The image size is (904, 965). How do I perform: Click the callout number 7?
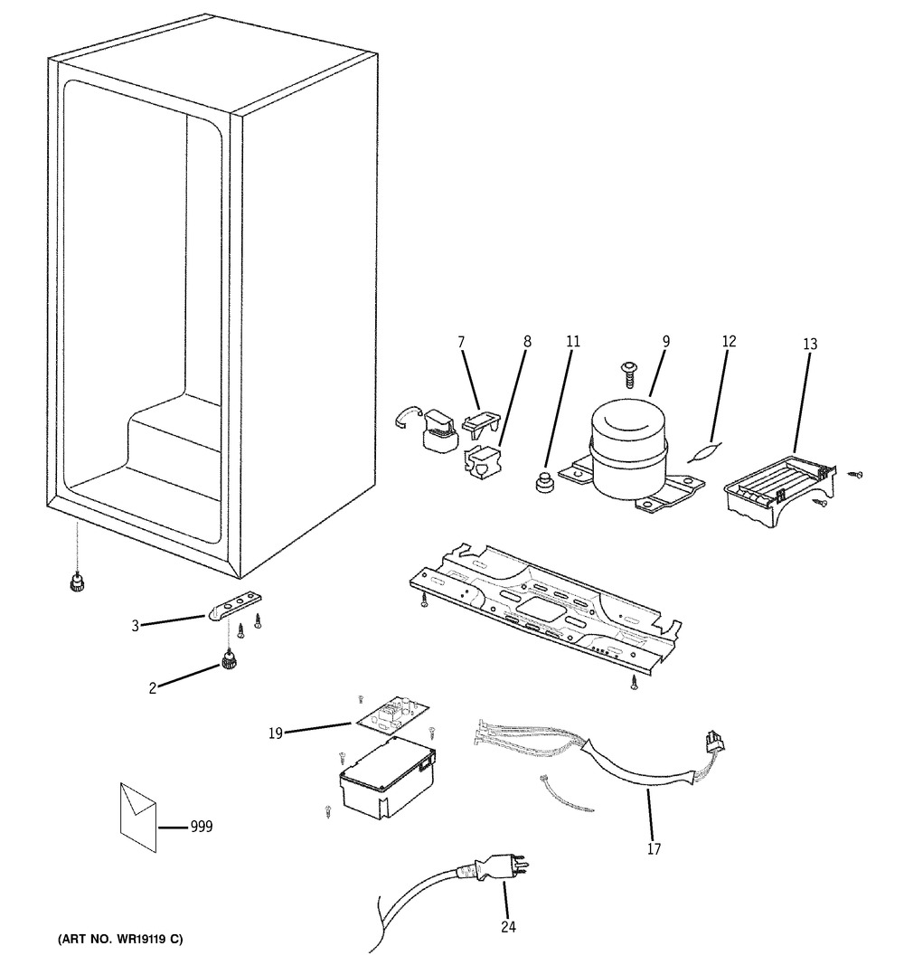(462, 341)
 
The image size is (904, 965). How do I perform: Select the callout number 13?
(810, 344)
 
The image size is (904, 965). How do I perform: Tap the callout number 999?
(201, 827)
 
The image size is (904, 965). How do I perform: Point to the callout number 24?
(508, 927)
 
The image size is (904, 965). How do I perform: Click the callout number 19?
(275, 733)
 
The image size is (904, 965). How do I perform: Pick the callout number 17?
(654, 848)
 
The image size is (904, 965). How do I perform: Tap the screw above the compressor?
(627, 374)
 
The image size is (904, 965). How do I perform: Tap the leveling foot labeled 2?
(228, 662)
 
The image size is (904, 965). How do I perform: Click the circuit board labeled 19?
(392, 717)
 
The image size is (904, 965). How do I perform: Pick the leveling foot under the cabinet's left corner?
(77, 582)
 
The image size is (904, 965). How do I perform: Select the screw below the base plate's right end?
(634, 682)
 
